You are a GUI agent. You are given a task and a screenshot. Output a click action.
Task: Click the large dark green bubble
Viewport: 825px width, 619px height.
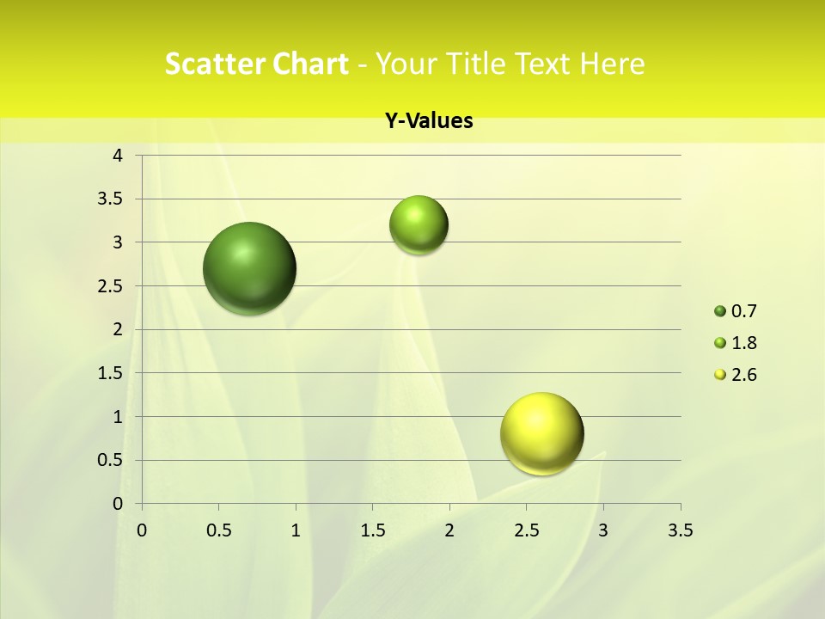[250, 268]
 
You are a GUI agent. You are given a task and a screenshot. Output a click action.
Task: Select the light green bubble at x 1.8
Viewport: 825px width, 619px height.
[419, 225]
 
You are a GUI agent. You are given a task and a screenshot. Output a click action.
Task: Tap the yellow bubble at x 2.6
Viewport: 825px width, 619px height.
[541, 433]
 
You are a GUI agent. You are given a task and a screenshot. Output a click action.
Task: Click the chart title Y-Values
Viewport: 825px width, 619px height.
[429, 121]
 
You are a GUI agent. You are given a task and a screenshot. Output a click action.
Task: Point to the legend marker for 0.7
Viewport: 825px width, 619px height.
[720, 311]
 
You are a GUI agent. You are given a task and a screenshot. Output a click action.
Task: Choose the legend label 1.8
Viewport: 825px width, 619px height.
[743, 343]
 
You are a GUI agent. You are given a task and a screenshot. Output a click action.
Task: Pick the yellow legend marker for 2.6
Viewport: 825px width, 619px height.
[720, 375]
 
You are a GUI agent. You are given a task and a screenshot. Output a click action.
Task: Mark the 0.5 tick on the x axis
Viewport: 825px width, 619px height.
[218, 530]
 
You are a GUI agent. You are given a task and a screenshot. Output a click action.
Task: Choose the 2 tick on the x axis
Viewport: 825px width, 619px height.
[449, 530]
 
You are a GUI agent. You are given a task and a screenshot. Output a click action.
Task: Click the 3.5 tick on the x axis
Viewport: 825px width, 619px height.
[680, 530]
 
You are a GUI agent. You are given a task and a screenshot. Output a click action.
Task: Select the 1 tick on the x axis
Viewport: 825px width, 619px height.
[296, 530]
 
